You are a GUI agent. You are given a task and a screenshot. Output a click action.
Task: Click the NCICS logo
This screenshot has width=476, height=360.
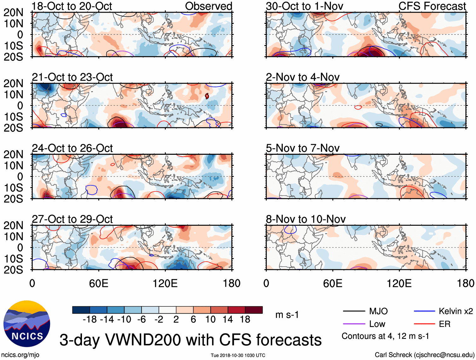click(x=26, y=323)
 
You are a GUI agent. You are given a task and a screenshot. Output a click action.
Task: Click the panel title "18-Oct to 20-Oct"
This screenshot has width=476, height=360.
click(x=72, y=6)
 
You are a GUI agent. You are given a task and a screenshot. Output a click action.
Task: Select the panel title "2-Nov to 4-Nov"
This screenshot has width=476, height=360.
click(x=303, y=77)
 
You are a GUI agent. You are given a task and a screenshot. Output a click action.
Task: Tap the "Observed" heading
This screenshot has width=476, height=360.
click(x=208, y=6)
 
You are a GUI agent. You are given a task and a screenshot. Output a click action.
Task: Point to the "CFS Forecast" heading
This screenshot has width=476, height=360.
click(x=432, y=6)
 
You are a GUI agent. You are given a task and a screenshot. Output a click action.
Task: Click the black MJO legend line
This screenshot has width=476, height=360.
click(x=354, y=311)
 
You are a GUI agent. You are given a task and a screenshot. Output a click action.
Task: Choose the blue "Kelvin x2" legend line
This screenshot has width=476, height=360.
click(x=424, y=311)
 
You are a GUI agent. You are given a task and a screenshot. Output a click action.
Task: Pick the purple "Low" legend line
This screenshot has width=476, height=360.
click(x=354, y=324)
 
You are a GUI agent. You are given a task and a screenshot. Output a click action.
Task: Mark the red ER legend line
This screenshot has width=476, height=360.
click(x=424, y=324)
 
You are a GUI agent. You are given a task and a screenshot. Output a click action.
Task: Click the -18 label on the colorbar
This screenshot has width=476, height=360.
click(x=90, y=320)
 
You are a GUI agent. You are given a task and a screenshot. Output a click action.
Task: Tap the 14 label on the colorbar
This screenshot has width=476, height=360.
click(x=228, y=320)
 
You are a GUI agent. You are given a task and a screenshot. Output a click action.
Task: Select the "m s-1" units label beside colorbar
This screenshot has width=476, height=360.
click(x=287, y=315)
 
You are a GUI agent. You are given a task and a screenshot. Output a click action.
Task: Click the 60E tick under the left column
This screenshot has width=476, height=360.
click(x=99, y=283)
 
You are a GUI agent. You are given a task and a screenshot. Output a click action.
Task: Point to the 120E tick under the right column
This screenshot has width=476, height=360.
click(x=399, y=283)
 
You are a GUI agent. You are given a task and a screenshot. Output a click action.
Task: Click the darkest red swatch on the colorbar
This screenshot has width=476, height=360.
click(x=254, y=310)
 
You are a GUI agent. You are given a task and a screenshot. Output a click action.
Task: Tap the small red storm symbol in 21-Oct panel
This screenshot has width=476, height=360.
click(x=207, y=96)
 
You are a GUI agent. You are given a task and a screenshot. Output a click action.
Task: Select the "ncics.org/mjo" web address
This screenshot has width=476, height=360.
click(x=20, y=355)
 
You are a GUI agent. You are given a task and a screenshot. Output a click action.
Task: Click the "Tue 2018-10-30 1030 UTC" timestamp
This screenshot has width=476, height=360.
click(x=238, y=355)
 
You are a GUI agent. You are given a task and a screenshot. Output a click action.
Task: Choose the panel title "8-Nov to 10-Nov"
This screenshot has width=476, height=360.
click(x=306, y=219)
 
